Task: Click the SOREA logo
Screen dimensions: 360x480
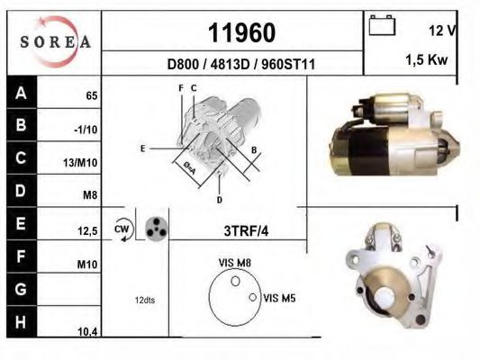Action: (x=55, y=41)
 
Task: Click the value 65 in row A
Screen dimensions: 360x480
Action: (x=91, y=94)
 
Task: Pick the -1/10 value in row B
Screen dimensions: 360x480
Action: (x=86, y=129)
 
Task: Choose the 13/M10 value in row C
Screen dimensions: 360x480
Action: (x=84, y=163)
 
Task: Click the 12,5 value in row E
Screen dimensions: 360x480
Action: (x=87, y=231)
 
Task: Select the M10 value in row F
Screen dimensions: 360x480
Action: (x=87, y=265)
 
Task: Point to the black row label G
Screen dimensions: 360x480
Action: (x=20, y=290)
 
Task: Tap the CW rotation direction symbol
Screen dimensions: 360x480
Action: (x=123, y=229)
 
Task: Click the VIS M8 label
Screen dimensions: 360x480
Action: (x=234, y=264)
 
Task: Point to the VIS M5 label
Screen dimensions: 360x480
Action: (x=278, y=297)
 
